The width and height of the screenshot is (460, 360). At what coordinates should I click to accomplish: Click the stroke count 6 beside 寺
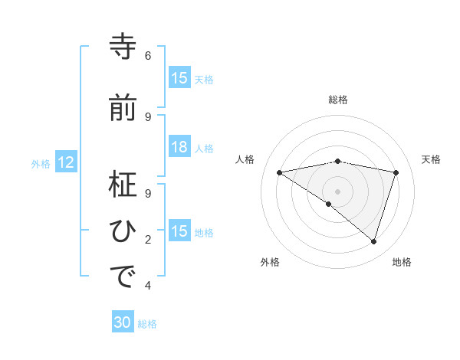148,56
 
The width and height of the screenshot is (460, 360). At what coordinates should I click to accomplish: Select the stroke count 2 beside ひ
148,240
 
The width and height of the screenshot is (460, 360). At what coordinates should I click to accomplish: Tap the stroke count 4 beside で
148,286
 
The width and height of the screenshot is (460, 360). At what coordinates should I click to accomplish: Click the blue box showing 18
179,147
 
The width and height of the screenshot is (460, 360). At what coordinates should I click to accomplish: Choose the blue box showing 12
66,162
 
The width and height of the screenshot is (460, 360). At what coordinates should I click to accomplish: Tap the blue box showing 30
123,323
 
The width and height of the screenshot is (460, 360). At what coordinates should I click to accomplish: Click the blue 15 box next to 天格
179,78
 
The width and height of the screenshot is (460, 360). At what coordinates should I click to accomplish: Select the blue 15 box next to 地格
179,231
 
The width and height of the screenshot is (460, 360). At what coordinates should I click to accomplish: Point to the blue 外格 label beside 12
41,163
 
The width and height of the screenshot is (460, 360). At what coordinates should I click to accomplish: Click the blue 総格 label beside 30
148,324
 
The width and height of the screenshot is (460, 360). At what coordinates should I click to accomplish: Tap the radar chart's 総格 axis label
338,100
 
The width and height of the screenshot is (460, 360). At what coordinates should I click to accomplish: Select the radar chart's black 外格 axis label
270,262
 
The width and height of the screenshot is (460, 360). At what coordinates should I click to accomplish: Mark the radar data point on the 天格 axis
396,172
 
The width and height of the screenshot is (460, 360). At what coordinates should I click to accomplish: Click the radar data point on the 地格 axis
374,241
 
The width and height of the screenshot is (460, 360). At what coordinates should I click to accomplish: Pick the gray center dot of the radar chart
337,191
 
